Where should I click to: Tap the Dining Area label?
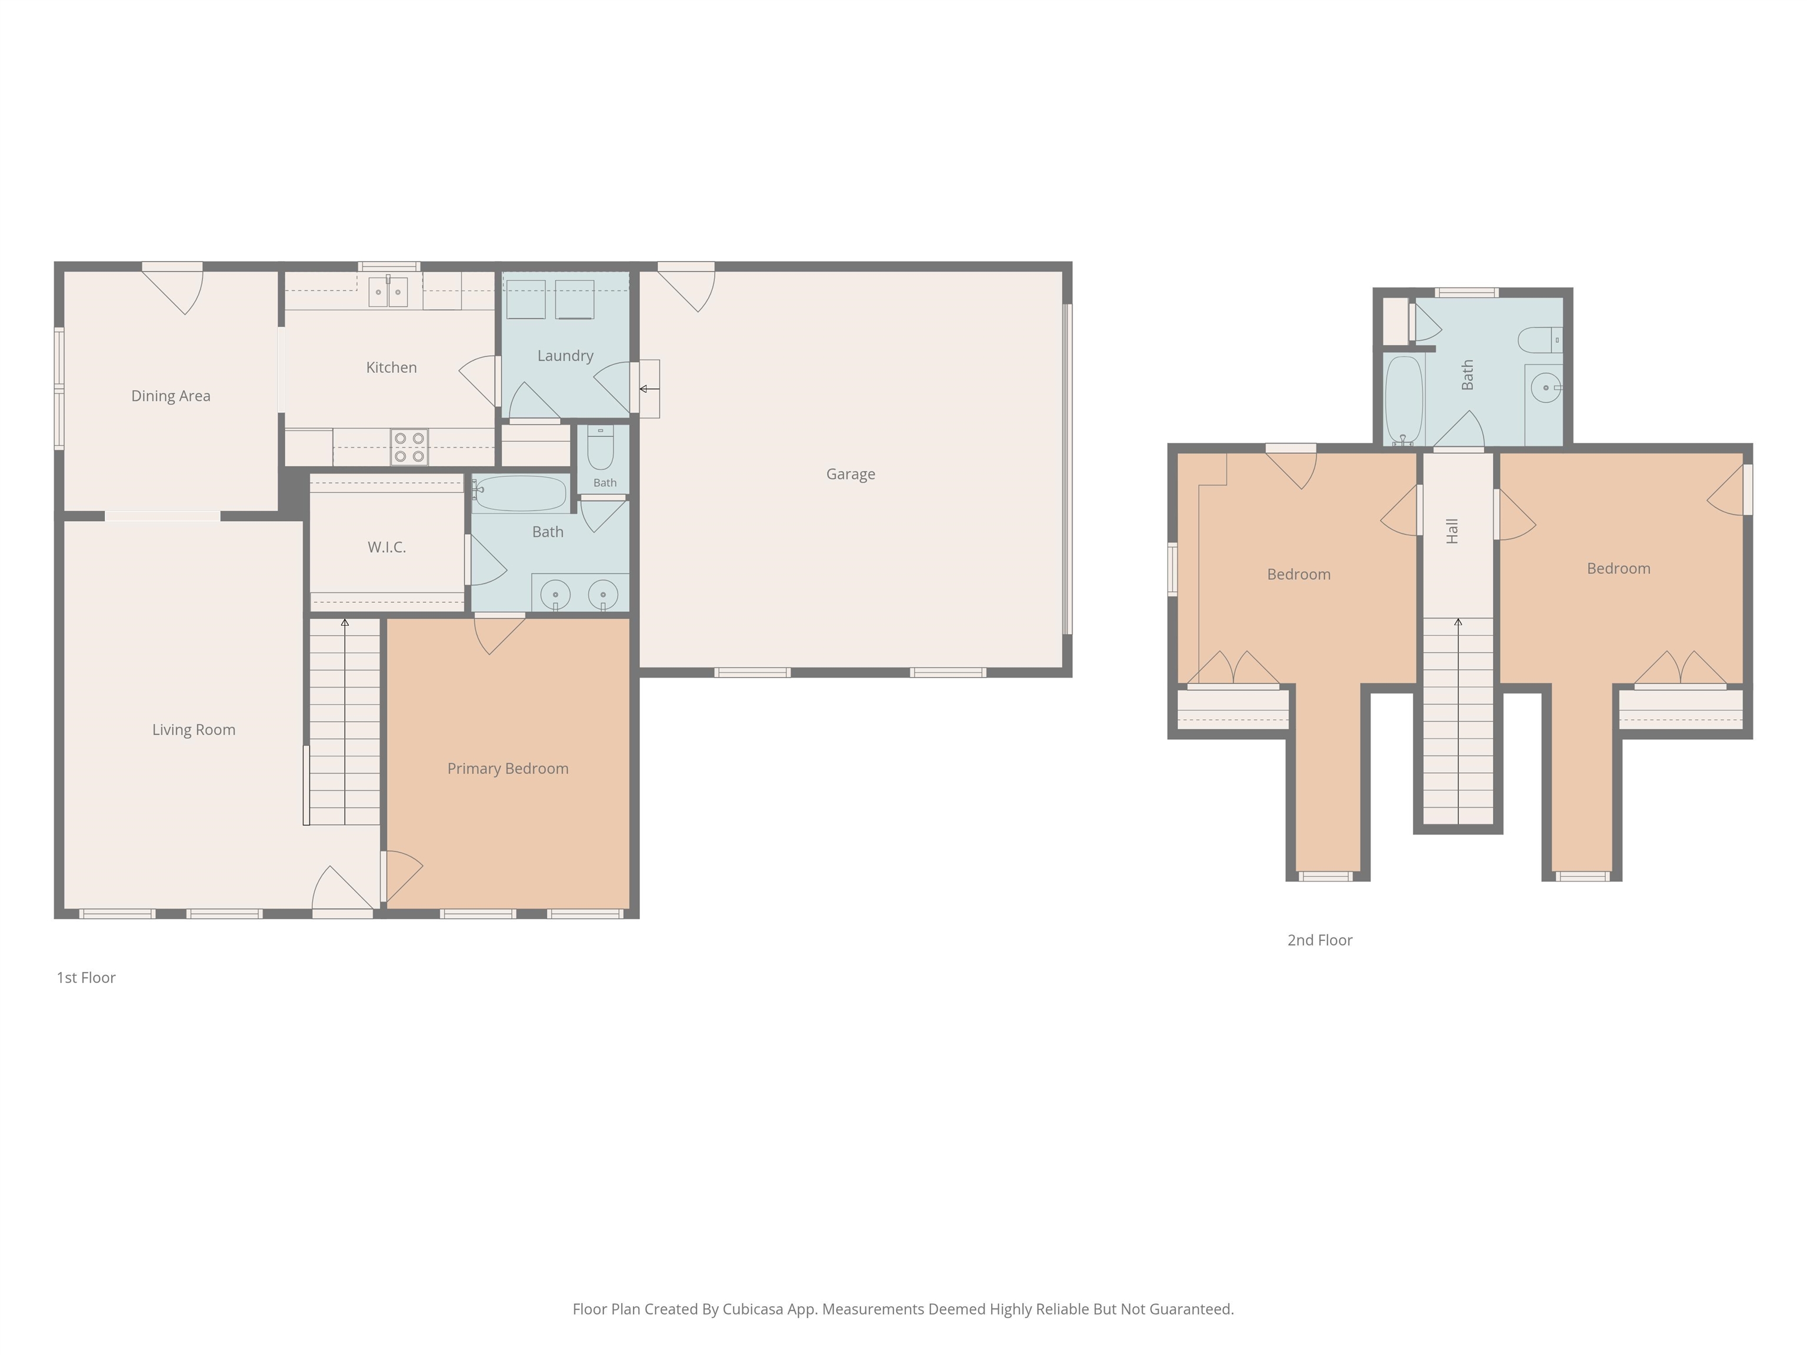[x=171, y=396]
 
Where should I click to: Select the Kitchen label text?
[x=391, y=368]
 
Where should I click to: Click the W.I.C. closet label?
[x=386, y=547]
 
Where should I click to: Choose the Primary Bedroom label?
[x=508, y=769]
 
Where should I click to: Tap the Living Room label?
[x=194, y=730]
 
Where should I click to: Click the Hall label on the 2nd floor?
[x=1452, y=531]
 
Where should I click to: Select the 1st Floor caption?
[x=86, y=977]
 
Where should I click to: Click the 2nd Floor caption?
[x=1319, y=940]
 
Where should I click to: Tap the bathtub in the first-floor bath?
[x=519, y=493]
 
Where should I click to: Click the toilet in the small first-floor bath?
[x=601, y=447]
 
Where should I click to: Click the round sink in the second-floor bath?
[x=1546, y=387]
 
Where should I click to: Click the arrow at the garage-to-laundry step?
[x=649, y=389]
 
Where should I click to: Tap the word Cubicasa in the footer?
[x=753, y=1309]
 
